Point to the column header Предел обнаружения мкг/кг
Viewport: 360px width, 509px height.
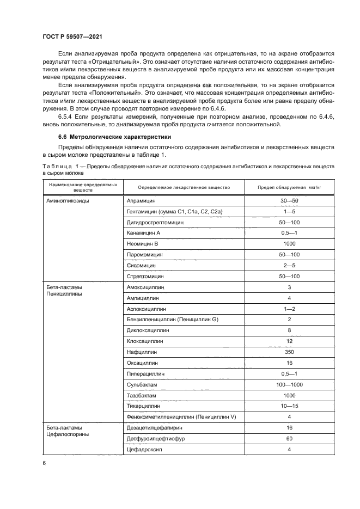coord(289,187)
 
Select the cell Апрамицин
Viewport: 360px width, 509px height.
coord(141,200)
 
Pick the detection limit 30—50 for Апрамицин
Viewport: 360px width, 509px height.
coord(289,200)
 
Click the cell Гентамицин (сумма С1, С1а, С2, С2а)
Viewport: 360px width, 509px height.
coord(167,211)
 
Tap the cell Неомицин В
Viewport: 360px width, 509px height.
coord(142,243)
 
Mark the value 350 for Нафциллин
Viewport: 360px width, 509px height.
coord(289,352)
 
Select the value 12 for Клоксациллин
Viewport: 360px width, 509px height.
coord(289,341)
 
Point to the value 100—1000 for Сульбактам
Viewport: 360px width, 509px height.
coord(289,384)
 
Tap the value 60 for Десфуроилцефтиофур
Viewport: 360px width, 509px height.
coord(289,438)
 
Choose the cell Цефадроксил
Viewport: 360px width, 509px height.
coord(144,449)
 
